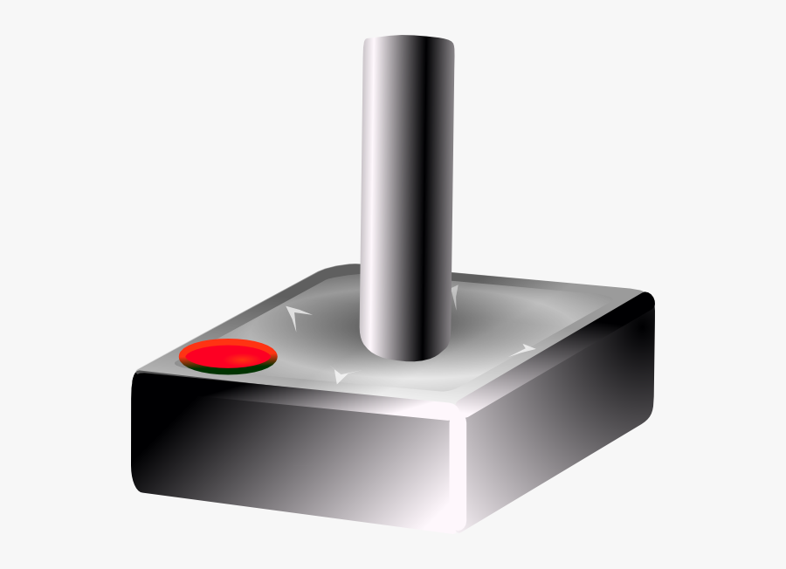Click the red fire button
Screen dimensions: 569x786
229,353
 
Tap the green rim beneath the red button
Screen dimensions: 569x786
229,370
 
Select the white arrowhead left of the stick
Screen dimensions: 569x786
298,315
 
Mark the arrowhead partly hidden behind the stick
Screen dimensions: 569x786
455,295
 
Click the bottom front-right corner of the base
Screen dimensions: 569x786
463,528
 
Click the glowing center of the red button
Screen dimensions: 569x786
225,353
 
